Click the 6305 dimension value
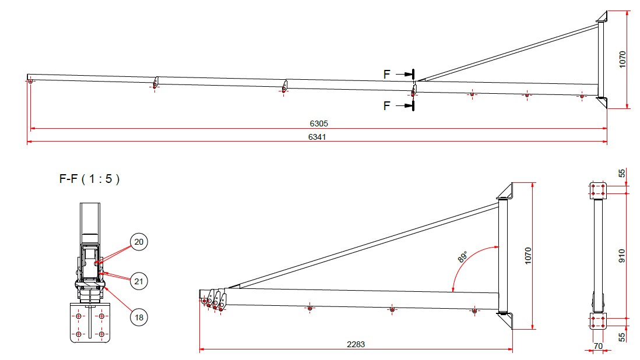pyautogui.click(x=318, y=123)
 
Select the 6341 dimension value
pyautogui.click(x=318, y=137)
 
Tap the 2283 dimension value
pyautogui.click(x=356, y=344)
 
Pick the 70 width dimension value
pyautogui.click(x=597, y=345)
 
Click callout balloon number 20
pyautogui.click(x=139, y=241)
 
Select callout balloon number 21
pyautogui.click(x=139, y=281)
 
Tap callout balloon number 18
pyautogui.click(x=139, y=317)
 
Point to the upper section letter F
pyautogui.click(x=387, y=74)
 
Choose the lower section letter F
pyautogui.click(x=387, y=106)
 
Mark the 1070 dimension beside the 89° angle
pyautogui.click(x=528, y=256)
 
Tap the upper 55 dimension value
pyautogui.click(x=622, y=174)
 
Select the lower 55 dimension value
pyautogui.click(x=622, y=336)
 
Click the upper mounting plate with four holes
pyautogui.click(x=597, y=189)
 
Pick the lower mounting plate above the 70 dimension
pyautogui.click(x=597, y=321)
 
